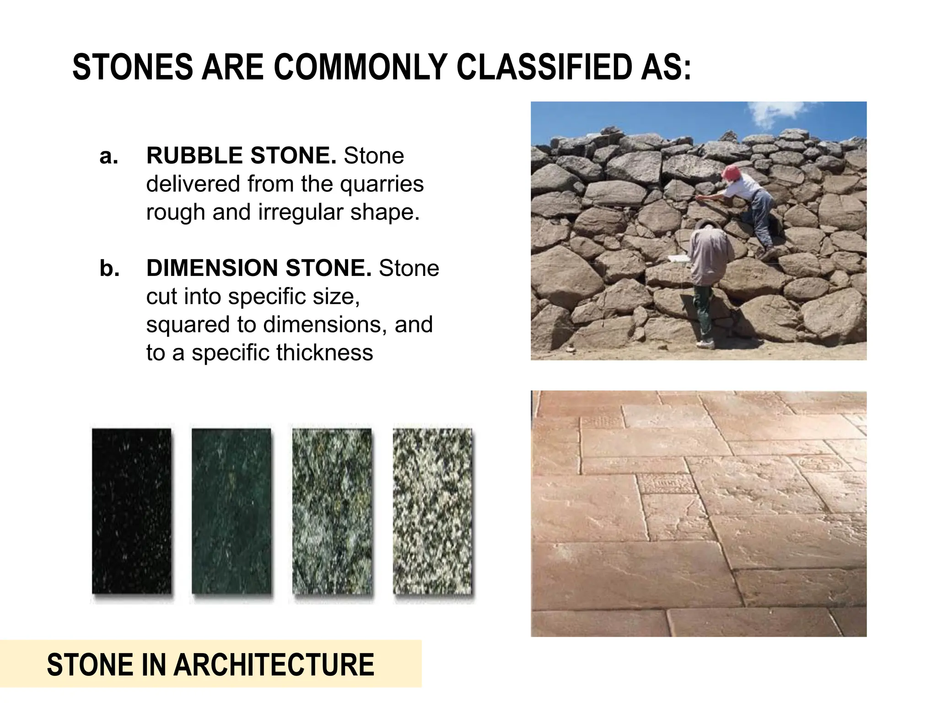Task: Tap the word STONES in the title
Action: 133,67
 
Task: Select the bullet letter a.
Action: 108,157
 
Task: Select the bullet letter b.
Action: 109,269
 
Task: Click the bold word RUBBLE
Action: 195,156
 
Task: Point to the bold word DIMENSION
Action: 212,268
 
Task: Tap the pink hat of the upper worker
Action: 732,173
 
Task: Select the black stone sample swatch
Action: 132,511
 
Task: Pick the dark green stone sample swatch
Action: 232,511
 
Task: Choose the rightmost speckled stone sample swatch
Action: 432,511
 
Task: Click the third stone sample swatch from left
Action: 332,511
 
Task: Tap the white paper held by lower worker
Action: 679,259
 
